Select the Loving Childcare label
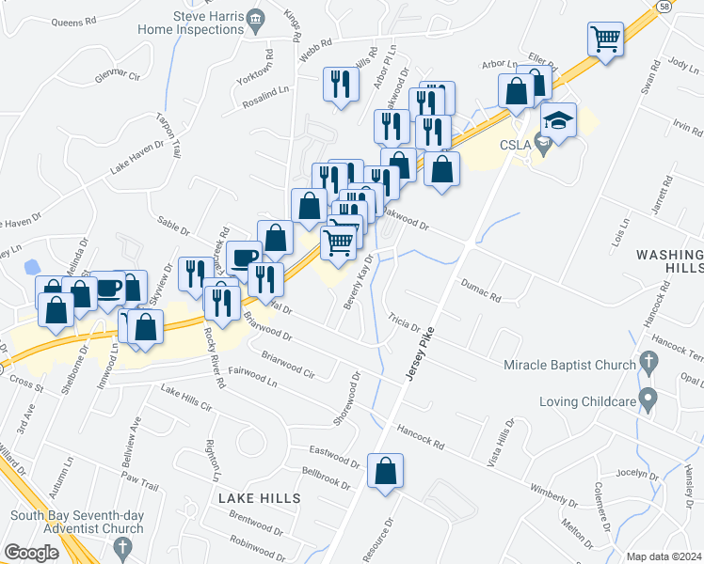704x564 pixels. pyautogui.click(x=584, y=401)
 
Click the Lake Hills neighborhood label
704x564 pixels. pyautogui.click(x=261, y=497)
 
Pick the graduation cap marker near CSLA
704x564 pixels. pyautogui.click(x=558, y=121)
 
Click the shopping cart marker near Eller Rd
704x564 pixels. pyautogui.click(x=605, y=39)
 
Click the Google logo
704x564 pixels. pyautogui.click(x=31, y=553)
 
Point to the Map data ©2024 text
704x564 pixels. pyautogui.click(x=664, y=556)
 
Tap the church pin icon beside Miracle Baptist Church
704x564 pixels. pyautogui.click(x=648, y=361)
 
